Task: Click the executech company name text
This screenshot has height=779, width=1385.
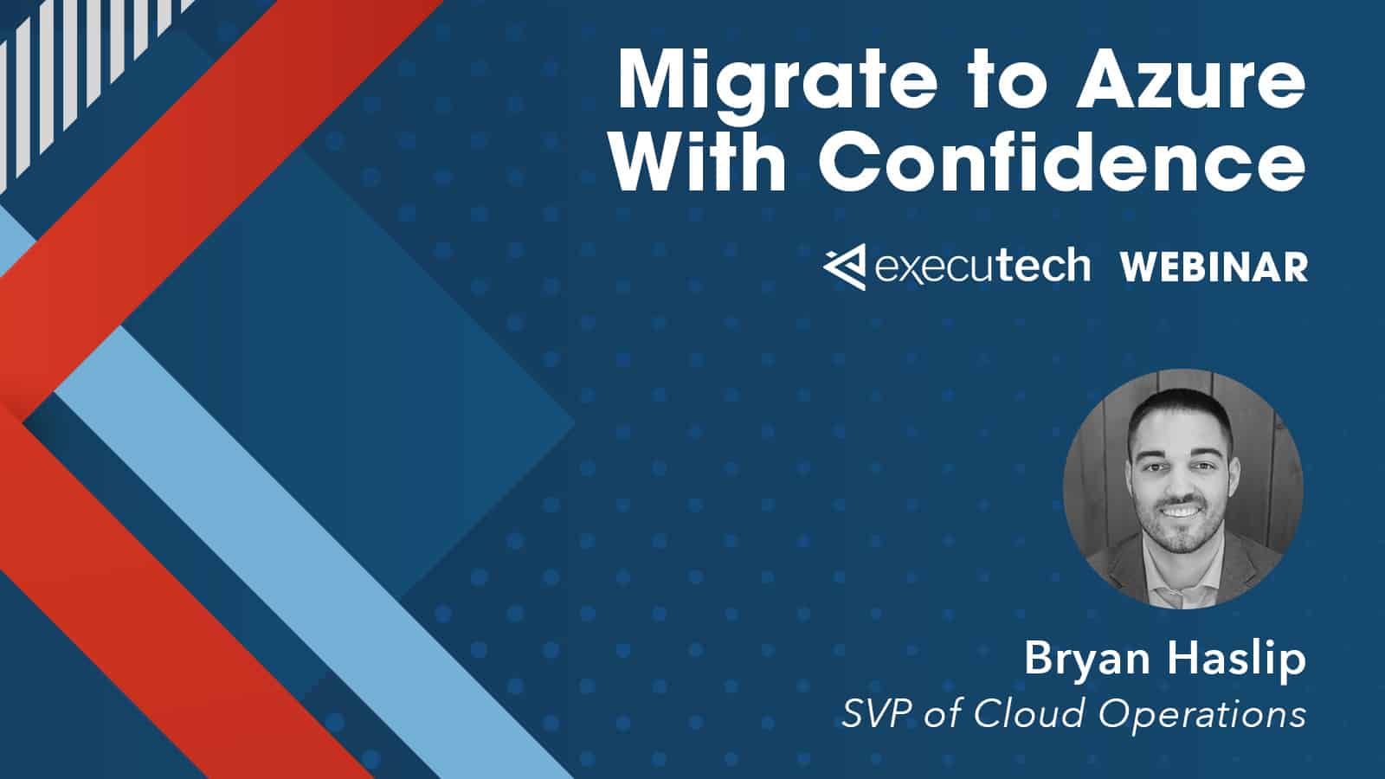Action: click(x=982, y=266)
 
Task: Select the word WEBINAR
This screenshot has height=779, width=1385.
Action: click(x=1214, y=267)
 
